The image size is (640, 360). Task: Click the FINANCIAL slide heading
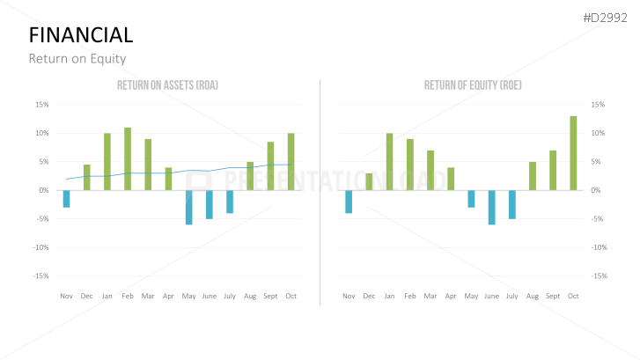(81, 35)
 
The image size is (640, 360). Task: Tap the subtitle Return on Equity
(77, 59)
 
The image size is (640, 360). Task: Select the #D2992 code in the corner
(606, 18)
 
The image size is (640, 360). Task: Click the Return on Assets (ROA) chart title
(167, 85)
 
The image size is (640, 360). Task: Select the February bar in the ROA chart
(128, 158)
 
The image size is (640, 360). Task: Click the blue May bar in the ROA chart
(188, 207)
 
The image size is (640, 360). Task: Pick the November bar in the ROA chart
(66, 199)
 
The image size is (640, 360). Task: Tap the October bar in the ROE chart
(573, 153)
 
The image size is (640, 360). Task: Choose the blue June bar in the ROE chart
(491, 207)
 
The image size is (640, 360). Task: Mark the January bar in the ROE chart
(389, 161)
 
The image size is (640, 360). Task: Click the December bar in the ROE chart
(369, 181)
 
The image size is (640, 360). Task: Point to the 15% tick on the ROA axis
(41, 105)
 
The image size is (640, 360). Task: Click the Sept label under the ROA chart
(270, 296)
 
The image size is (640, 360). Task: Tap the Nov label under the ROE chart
(349, 296)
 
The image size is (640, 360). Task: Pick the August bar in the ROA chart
(250, 176)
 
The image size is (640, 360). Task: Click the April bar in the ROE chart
(451, 179)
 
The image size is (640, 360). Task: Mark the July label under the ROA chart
(230, 296)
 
